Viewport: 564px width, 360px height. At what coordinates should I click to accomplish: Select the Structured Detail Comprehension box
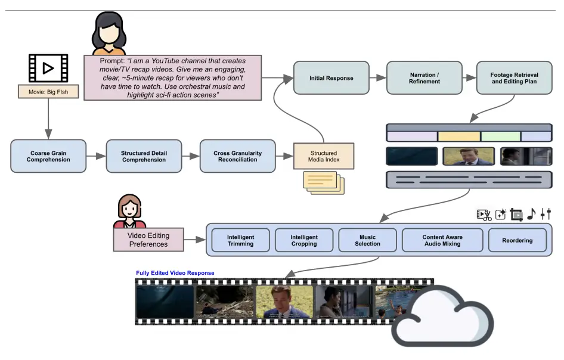[x=143, y=156]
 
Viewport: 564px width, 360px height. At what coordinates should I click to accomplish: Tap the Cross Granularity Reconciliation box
[x=237, y=156]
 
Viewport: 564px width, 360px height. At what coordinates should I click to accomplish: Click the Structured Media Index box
[x=324, y=156]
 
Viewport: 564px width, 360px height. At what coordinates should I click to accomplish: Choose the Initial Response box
[x=331, y=78]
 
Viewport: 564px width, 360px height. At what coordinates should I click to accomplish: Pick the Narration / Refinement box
[x=424, y=78]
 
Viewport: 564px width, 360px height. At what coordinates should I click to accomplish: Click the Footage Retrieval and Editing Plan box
[x=515, y=78]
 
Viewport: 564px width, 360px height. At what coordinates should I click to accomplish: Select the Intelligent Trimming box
[x=240, y=240]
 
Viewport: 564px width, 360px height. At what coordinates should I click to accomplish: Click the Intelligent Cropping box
[x=304, y=240]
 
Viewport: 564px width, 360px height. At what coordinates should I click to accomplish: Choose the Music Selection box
[x=367, y=240]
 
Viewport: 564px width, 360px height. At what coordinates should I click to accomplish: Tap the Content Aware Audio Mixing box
[x=442, y=240]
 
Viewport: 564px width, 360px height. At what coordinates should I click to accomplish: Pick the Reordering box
[x=517, y=240]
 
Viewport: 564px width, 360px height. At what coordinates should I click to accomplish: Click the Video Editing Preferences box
[x=148, y=240]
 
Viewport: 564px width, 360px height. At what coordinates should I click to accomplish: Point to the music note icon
[x=531, y=214]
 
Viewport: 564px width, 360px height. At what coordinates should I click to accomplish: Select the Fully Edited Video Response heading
[x=175, y=273]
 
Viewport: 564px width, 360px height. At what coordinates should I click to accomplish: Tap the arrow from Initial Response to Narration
[x=377, y=78]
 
